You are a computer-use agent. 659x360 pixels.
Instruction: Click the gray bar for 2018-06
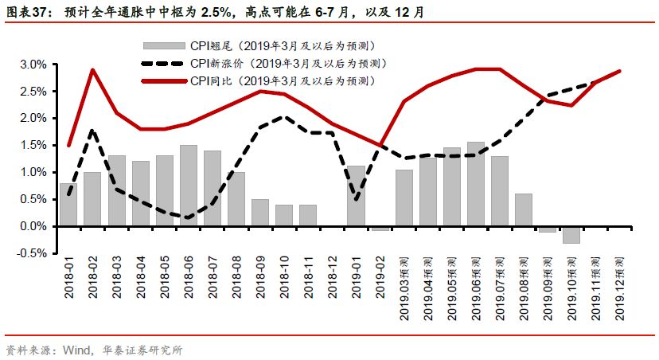189,186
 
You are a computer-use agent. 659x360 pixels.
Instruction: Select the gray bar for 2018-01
68,205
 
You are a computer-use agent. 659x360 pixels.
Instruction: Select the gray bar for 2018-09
260,213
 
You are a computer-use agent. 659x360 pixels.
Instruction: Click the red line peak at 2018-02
93,69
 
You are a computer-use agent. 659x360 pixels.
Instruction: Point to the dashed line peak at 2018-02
93,130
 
